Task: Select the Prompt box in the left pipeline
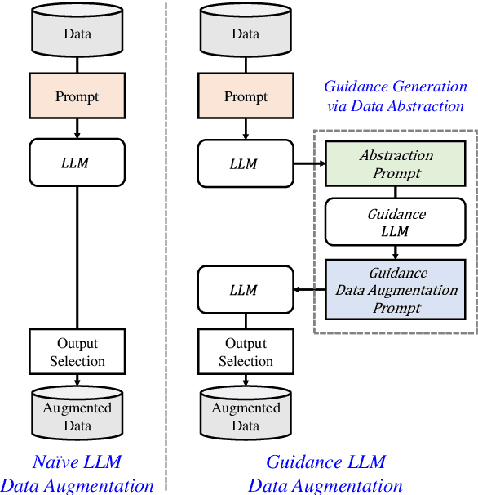click(x=77, y=96)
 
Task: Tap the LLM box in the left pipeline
click(x=77, y=162)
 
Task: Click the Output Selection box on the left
click(x=77, y=352)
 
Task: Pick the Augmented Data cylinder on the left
click(x=77, y=416)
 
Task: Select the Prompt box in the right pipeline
click(x=246, y=96)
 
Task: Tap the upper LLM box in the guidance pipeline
click(x=246, y=162)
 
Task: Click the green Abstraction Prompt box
click(x=396, y=163)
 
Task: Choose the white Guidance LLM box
click(x=396, y=222)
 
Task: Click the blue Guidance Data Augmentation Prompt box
click(x=396, y=290)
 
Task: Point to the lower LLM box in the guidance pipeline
click(x=246, y=290)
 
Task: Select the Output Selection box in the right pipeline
click(x=246, y=352)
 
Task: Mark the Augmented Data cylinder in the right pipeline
click(x=246, y=416)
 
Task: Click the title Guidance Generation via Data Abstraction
click(x=396, y=96)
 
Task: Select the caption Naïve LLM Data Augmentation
click(x=77, y=474)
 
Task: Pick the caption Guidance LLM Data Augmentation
click(x=325, y=474)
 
